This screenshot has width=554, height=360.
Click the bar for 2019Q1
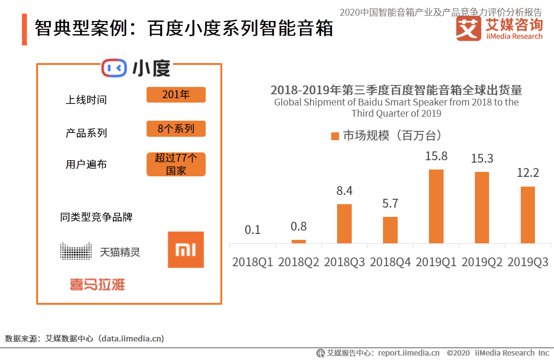tap(436, 206)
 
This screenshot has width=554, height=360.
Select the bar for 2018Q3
tap(344, 223)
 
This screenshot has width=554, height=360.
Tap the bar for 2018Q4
tap(390, 230)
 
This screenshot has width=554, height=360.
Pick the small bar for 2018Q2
tap(298, 241)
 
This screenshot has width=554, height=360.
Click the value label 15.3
tap(482, 159)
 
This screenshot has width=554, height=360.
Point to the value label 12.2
tap(528, 173)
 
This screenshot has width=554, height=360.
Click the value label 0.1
tap(253, 230)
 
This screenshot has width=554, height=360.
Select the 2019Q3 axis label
tap(528, 262)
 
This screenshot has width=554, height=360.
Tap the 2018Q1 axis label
tap(253, 262)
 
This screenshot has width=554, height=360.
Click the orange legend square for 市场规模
tap(335, 136)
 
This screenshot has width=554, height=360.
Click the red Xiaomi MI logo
tap(186, 250)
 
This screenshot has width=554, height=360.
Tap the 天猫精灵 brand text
tap(120, 253)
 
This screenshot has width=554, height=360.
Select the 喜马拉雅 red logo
tap(97, 284)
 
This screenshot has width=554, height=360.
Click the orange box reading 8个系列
tap(176, 129)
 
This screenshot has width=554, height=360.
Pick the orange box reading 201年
tap(176, 95)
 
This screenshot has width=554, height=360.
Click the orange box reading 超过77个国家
tap(176, 165)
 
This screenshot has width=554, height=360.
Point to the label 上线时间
tap(86, 100)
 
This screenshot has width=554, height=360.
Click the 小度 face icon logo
tap(114, 68)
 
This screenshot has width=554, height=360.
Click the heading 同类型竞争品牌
tap(96, 217)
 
